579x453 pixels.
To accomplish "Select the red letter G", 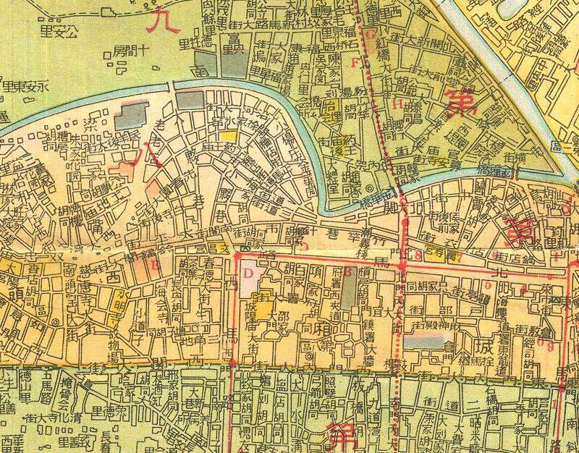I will tap(368, 34).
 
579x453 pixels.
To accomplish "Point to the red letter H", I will tap(397, 103).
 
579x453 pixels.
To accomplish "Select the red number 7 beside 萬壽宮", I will tap(459, 254).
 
